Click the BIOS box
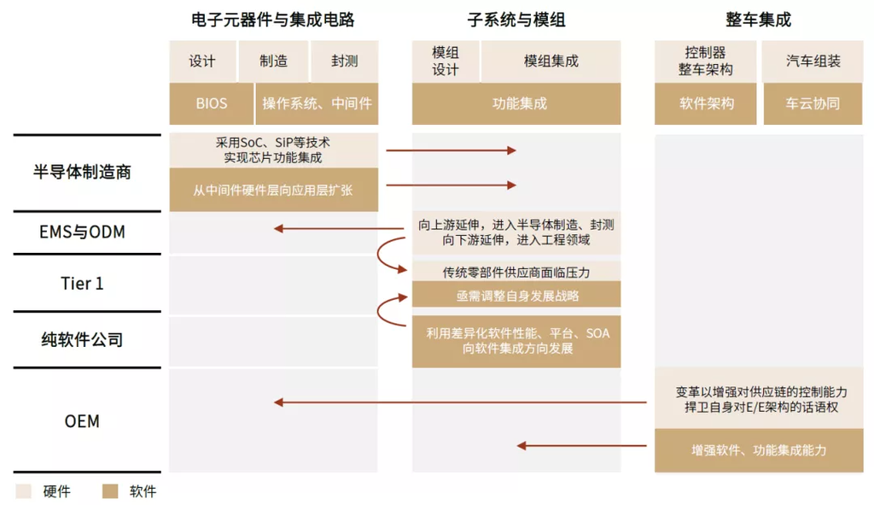212,103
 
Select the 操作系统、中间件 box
317,103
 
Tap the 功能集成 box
516,103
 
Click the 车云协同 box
813,103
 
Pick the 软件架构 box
706,103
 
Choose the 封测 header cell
345,61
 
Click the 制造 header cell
273,61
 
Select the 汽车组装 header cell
813,61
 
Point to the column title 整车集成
758,20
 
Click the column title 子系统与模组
516,20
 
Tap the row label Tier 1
82,284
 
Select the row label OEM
82,420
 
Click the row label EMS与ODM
82,232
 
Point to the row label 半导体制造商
82,172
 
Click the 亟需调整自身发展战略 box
516,295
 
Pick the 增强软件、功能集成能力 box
759,450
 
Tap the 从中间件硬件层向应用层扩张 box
274,190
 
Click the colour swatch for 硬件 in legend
23,491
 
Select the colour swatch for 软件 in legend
110,491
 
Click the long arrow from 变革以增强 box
460,402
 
